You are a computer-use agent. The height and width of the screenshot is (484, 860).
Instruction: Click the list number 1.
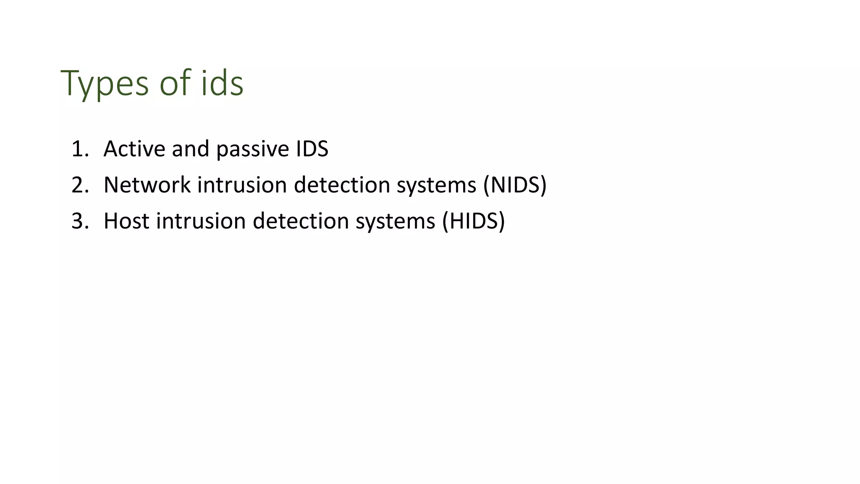79,149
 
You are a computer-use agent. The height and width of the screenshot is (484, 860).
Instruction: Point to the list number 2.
79,185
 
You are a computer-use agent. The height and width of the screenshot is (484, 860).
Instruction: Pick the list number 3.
79,221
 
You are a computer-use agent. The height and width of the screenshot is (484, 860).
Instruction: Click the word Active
134,149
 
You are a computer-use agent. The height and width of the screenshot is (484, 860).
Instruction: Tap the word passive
252,150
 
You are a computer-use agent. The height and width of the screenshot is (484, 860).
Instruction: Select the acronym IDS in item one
312,149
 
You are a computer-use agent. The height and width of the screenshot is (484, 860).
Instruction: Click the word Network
147,185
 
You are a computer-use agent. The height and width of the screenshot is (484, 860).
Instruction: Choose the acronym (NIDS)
515,185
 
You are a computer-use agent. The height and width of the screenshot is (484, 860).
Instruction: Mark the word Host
126,221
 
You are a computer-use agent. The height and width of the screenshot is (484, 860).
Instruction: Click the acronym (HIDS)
473,221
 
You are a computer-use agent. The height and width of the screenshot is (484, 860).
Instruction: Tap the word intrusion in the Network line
242,185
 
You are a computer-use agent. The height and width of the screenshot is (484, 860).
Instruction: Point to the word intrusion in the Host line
201,221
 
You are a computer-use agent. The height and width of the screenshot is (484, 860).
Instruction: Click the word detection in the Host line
301,221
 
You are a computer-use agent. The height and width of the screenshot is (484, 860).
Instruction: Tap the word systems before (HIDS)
395,222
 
